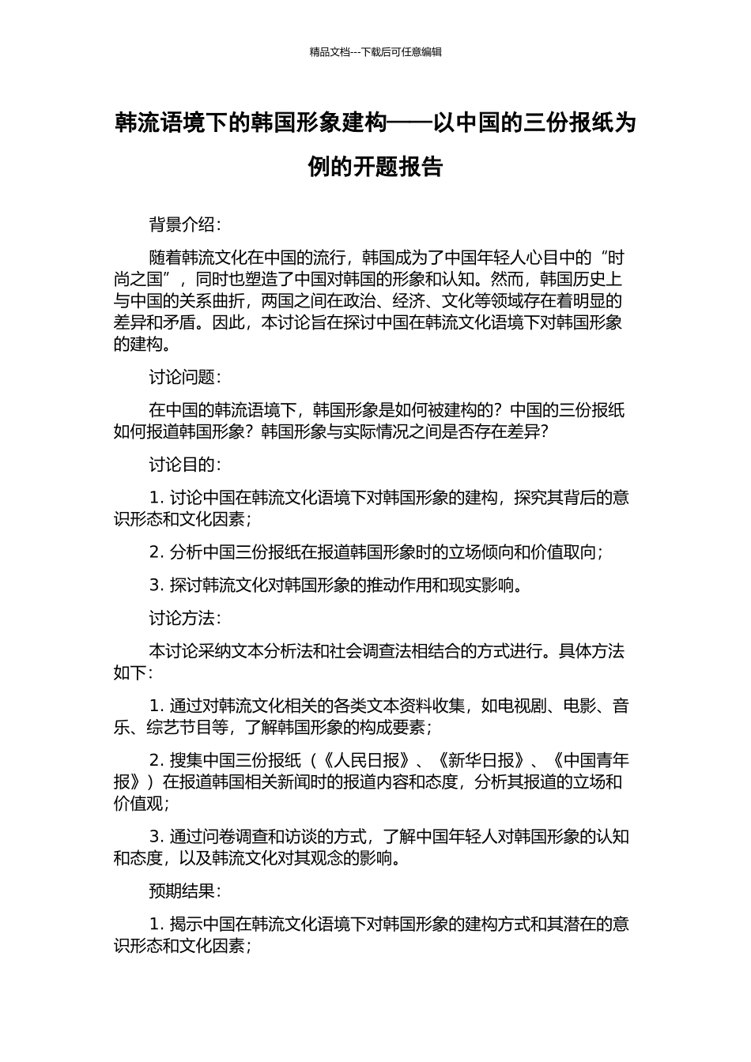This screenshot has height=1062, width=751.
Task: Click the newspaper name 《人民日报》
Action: pyautogui.click(x=366, y=760)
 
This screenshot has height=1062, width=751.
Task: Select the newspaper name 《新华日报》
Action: pyautogui.click(x=481, y=760)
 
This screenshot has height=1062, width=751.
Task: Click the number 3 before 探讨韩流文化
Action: pyautogui.click(x=154, y=585)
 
